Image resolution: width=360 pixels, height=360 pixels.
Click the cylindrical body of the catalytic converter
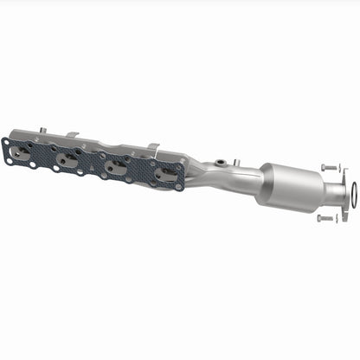click(289, 183)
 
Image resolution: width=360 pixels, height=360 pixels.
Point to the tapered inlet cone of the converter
click(263, 177)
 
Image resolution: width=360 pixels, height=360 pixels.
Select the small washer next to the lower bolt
click(337, 218)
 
